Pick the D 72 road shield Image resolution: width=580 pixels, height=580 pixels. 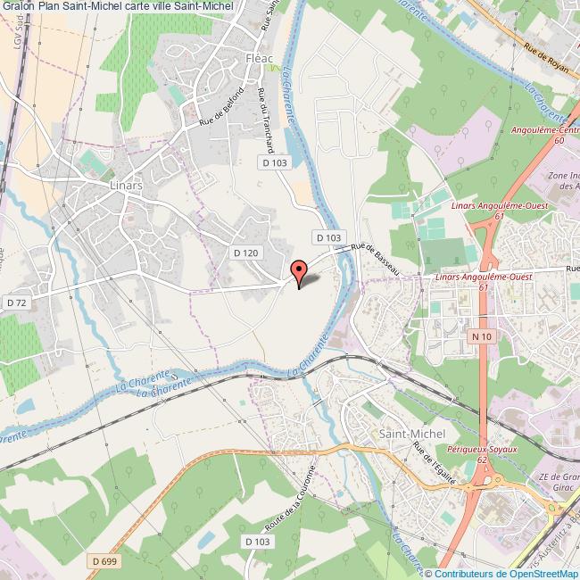tap(15, 304)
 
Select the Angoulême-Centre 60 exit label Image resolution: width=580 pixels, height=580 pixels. tap(555, 134)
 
